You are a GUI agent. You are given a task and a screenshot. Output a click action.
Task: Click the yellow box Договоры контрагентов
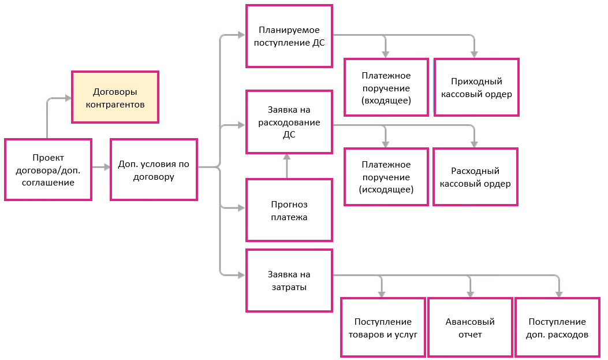(115, 97)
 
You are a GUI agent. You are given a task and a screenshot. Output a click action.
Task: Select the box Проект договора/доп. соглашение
(48, 169)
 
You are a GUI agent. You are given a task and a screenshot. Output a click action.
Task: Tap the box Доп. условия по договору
(154, 169)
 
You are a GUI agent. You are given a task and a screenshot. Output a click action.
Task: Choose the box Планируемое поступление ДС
(289, 36)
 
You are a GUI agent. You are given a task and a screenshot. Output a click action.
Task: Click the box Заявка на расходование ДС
(289, 121)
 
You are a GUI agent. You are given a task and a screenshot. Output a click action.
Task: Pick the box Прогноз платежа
(289, 210)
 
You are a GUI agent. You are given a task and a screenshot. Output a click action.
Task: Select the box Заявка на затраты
(289, 280)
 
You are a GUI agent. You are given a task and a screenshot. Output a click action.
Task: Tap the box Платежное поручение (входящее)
(386, 88)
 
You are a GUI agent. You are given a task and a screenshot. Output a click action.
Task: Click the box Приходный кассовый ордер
(476, 87)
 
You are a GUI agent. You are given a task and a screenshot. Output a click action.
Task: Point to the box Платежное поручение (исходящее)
(386, 177)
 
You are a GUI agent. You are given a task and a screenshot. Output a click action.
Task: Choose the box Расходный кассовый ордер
(475, 177)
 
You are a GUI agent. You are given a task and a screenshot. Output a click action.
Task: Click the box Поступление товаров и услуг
(383, 328)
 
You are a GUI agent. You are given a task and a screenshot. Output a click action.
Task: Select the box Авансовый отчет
(470, 328)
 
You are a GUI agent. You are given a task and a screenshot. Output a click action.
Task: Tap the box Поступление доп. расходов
(557, 328)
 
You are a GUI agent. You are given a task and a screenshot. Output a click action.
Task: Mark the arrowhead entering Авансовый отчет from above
(469, 294)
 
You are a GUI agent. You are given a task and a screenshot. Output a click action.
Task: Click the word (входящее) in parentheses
(386, 101)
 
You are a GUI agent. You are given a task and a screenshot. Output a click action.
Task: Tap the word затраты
(289, 287)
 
